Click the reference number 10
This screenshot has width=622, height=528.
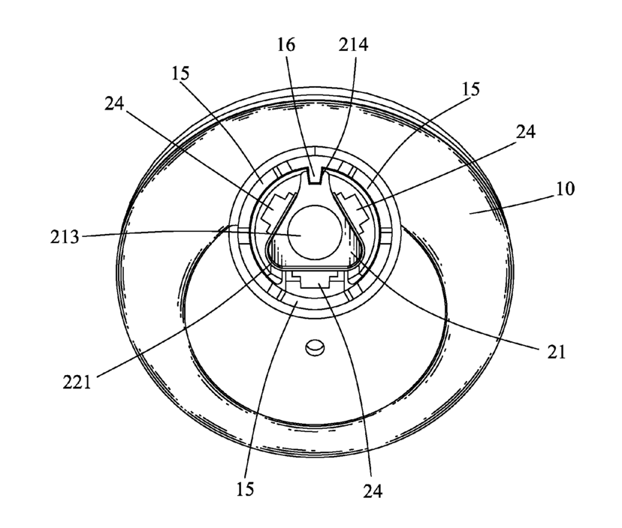point(565,188)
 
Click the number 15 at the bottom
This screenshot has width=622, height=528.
point(245,490)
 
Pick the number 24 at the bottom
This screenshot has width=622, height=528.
point(373,492)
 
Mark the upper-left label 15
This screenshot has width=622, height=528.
point(180,75)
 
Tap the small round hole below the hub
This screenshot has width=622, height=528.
point(313,346)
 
